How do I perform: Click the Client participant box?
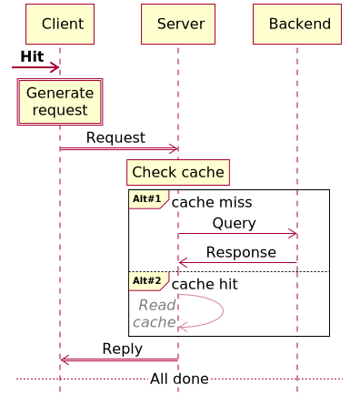[x=60, y=24]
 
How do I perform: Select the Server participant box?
[x=177, y=24]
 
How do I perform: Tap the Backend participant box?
[x=296, y=24]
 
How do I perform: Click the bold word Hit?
[x=32, y=56]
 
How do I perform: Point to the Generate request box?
[x=60, y=102]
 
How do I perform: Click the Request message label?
[x=115, y=137]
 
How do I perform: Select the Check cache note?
[x=178, y=172]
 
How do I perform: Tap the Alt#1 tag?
[x=146, y=198]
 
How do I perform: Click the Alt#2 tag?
[x=146, y=280]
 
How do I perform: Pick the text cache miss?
[x=211, y=202]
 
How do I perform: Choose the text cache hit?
[x=205, y=284]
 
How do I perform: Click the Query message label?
[x=234, y=223]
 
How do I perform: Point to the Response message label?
[x=241, y=252]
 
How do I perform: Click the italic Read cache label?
[x=155, y=313]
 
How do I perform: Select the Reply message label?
[x=122, y=349]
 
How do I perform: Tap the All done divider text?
[x=179, y=379]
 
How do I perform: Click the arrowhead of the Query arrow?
[x=293, y=235]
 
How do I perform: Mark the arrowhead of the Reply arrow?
[x=65, y=360]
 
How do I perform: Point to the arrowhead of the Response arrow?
[x=183, y=264]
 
